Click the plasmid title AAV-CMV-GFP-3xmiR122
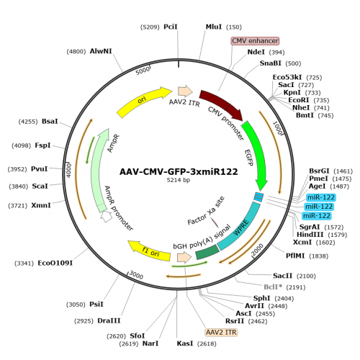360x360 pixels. (179, 172)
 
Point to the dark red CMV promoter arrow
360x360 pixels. (222, 103)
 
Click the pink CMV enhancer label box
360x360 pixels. (255, 41)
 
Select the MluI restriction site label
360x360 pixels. (214, 27)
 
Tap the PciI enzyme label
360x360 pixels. (171, 27)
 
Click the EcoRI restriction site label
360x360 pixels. (299, 100)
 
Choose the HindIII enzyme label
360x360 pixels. (310, 235)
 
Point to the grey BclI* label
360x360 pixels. (273, 287)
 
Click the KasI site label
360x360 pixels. (185, 343)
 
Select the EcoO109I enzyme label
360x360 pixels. (55, 263)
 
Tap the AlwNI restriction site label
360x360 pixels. (101, 51)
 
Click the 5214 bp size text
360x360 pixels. (179, 180)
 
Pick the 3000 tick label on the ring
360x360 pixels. (136, 275)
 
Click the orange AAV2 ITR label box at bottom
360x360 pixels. (221, 332)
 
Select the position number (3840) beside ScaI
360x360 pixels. (19, 186)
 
